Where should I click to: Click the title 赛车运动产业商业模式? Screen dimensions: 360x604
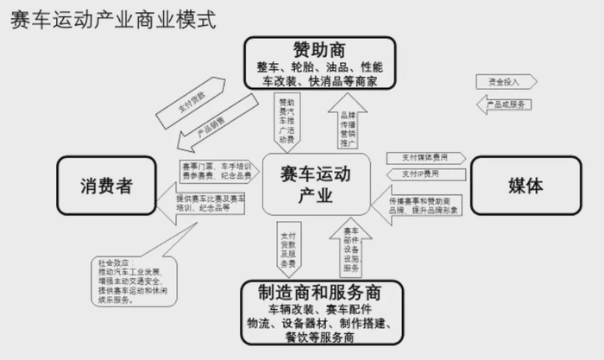(113, 19)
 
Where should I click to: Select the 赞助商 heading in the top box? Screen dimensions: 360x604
(319, 48)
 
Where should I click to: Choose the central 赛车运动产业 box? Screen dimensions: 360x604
(316, 186)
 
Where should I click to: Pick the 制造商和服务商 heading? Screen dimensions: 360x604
(319, 291)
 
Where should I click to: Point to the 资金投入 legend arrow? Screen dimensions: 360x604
(506, 81)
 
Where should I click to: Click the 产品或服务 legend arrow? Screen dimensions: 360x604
(506, 104)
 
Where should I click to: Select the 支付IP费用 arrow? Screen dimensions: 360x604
(419, 174)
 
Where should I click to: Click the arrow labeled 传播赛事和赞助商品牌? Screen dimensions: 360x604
(418, 205)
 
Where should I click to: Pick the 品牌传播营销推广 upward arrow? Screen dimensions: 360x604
(347, 122)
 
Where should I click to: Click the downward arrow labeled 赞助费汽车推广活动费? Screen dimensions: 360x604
(287, 122)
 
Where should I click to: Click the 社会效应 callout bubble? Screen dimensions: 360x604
(129, 281)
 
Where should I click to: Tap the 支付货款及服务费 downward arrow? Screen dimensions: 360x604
(287, 248)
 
